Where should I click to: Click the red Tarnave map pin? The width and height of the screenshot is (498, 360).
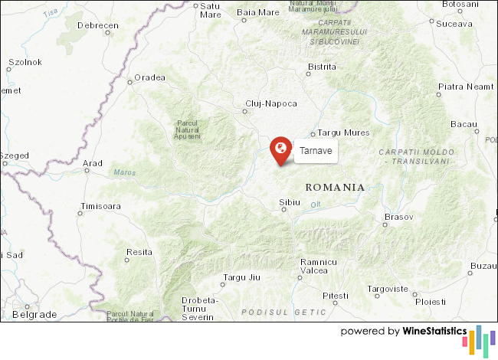click(281, 148)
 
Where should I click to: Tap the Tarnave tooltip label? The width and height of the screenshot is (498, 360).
click(316, 152)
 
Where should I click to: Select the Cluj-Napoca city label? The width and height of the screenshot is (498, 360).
click(270, 103)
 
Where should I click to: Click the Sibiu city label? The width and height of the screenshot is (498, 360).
click(290, 202)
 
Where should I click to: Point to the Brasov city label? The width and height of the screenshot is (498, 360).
click(398, 218)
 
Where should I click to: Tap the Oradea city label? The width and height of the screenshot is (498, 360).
click(149, 77)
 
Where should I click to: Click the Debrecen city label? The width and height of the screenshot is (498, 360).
click(98, 25)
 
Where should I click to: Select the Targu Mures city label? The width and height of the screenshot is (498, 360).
click(343, 133)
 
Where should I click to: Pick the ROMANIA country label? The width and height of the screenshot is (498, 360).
click(335, 187)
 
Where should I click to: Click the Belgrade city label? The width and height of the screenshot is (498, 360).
click(34, 315)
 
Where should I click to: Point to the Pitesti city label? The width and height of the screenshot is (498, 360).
click(335, 296)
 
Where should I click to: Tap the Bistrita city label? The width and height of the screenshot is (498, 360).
click(321, 67)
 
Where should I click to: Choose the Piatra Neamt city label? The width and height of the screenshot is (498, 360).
click(466, 87)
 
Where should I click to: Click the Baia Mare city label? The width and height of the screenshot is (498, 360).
click(258, 12)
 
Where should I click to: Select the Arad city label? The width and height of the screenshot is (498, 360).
click(93, 163)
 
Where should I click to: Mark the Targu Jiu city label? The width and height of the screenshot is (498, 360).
click(242, 277)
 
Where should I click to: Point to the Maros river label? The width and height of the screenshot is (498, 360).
click(124, 172)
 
